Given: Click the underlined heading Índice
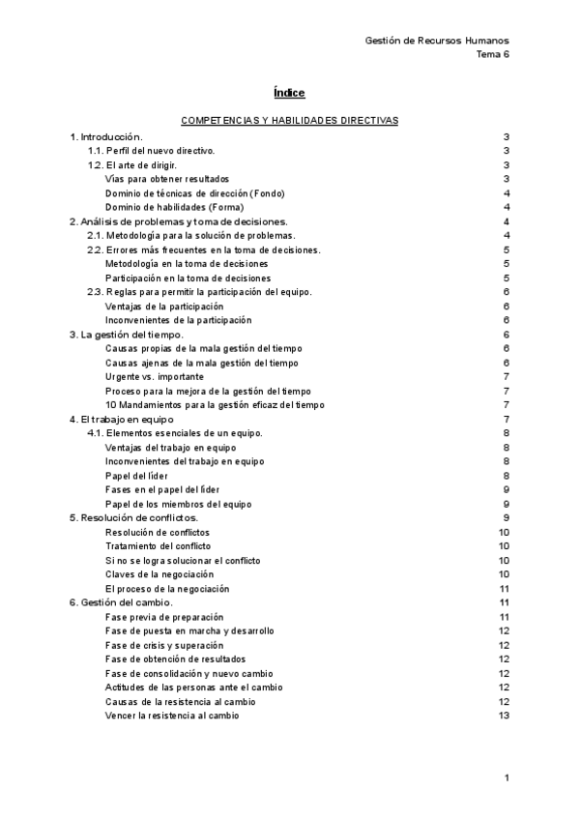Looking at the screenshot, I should coord(289,93).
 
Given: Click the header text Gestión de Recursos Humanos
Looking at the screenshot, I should coord(438,41).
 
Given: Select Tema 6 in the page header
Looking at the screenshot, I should coord(493,54).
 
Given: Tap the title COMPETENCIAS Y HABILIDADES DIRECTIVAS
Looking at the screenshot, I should coord(289,121).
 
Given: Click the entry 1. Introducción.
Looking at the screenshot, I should coord(106,137).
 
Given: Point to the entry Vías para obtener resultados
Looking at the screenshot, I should coord(167,179).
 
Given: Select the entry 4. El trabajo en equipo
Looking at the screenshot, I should coord(122,419).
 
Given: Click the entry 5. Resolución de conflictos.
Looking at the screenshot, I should coord(134,517).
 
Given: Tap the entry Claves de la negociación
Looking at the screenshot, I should coord(159,573).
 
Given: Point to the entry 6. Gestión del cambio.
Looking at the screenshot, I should coord(122,602).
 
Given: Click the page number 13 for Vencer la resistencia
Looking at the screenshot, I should coord(503,715).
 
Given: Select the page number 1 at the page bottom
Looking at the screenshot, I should coord(507,777).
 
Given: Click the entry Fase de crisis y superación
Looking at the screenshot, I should coord(164,644).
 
